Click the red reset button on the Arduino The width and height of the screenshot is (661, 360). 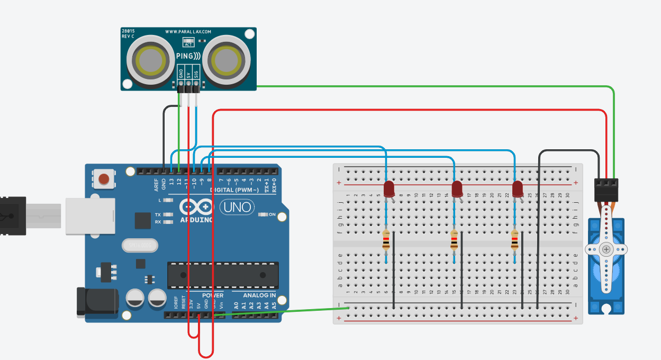105,178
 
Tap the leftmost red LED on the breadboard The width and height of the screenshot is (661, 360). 388,189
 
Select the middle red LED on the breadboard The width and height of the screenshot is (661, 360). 457,189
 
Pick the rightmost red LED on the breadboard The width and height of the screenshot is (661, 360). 518,189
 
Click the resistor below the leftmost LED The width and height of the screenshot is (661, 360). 386,240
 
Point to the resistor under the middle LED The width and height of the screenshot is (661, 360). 454,240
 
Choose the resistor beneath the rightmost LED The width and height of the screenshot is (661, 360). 514,240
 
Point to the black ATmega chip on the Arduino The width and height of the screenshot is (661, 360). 223,275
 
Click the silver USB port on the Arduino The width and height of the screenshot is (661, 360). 90,215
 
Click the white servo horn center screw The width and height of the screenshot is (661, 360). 606,249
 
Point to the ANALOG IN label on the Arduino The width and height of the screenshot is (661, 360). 259,295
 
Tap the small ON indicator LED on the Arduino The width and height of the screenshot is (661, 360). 263,215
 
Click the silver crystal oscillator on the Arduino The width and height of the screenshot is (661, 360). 140,246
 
